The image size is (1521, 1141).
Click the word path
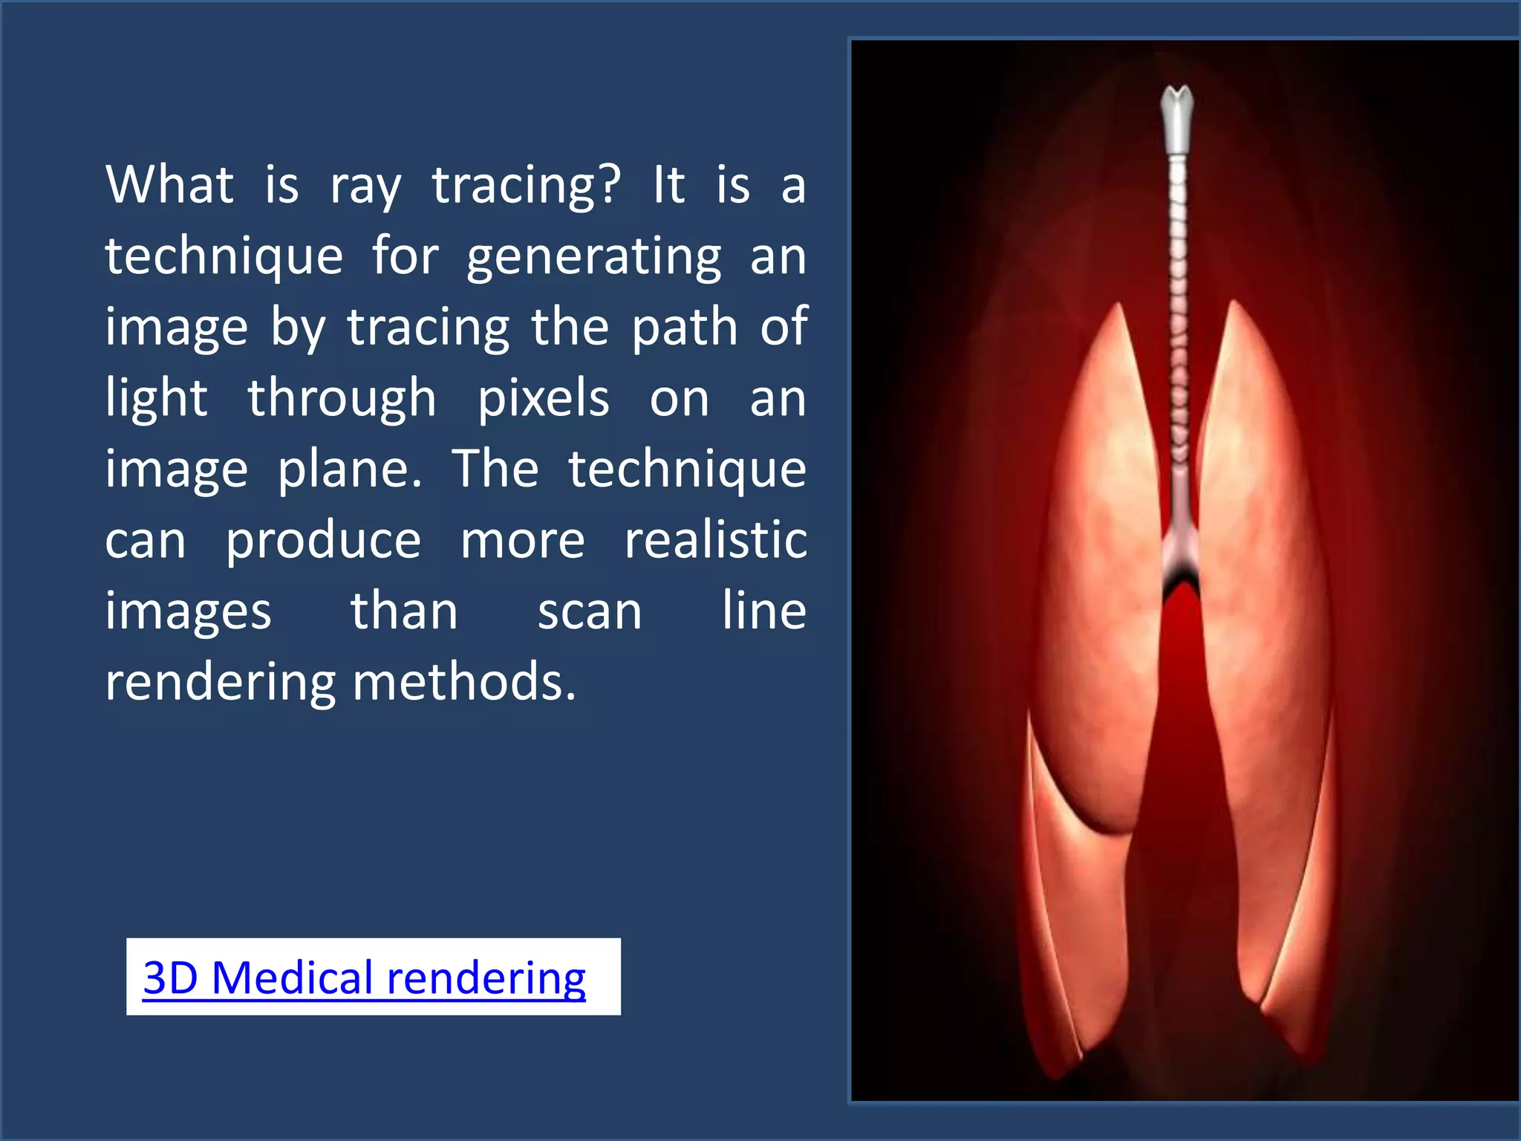(683, 327)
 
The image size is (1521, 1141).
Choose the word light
(156, 399)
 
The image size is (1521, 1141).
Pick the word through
(342, 399)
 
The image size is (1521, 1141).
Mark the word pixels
(543, 399)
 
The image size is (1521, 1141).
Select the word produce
(324, 542)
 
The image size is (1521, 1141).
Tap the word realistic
(715, 540)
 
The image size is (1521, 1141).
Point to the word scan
(590, 613)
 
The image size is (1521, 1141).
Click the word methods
(463, 682)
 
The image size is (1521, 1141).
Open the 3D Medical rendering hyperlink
(364, 978)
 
